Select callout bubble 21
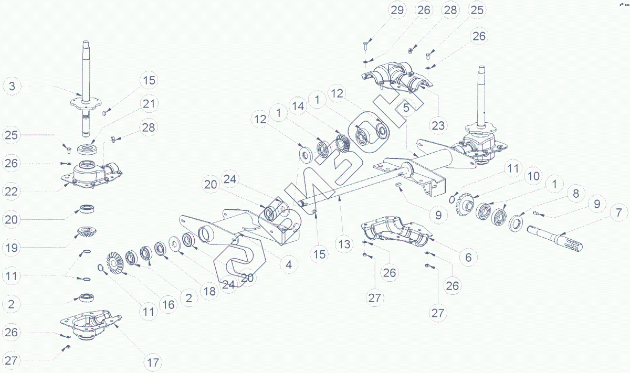(150, 104)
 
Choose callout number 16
(167, 305)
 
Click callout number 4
(288, 264)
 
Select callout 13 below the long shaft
(344, 244)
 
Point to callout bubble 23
(438, 125)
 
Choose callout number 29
(397, 10)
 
